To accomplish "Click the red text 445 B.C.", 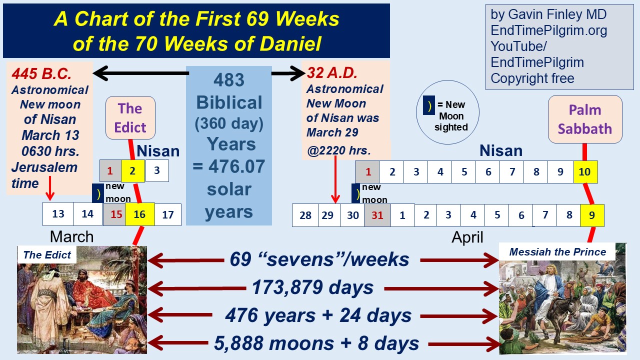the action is (x=41, y=73).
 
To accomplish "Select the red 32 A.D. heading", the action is (x=332, y=73).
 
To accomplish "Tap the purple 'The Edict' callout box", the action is (x=130, y=117).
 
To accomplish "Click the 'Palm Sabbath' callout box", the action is (x=585, y=119).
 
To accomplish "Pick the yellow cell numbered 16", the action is (x=140, y=214).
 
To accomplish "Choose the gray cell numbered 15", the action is (x=114, y=214).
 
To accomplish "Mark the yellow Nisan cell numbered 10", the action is (x=585, y=171).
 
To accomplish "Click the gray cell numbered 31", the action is (x=377, y=215).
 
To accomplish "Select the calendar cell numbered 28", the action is (x=305, y=215).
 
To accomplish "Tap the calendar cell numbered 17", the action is (x=168, y=214).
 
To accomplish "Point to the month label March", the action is (x=71, y=236).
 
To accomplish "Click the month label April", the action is (x=467, y=237).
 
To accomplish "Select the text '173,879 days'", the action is (x=313, y=287).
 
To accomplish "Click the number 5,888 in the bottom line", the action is (x=238, y=343).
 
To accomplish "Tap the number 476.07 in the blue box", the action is (x=236, y=166).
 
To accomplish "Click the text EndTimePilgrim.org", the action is (x=548, y=30).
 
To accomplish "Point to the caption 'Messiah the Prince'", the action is (x=557, y=252).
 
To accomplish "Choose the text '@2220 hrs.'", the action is (x=339, y=150).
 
